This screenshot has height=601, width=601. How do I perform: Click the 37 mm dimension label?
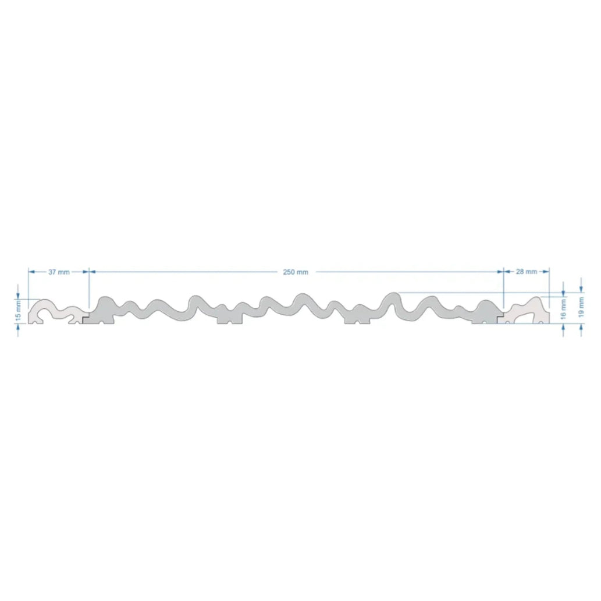[x=59, y=272]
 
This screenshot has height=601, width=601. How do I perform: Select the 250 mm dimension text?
[x=296, y=272]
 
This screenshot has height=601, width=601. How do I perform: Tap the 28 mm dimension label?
[x=526, y=272]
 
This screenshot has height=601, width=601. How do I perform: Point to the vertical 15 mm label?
[x=19, y=311]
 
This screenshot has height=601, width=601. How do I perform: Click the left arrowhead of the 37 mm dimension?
[x=31, y=272]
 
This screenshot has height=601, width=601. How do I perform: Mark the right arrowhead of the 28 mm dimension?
[x=546, y=272]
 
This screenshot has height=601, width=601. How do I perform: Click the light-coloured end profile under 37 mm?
[x=55, y=311]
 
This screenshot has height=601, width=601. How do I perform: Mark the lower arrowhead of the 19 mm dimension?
[x=581, y=328]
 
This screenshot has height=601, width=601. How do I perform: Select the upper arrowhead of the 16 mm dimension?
[x=563, y=291]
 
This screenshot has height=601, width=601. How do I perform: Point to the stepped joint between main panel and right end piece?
[x=501, y=318]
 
